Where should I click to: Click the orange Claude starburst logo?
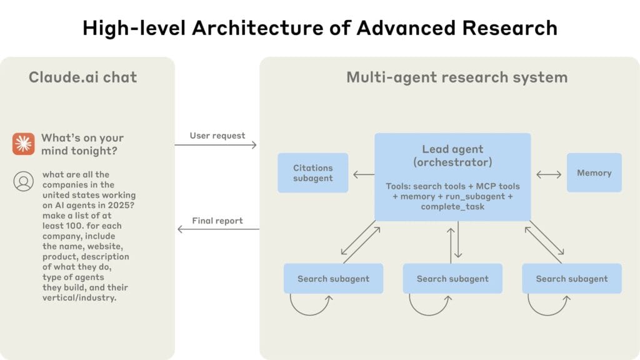tap(23, 144)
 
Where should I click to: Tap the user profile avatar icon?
tap(23, 181)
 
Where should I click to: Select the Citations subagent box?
tap(312, 173)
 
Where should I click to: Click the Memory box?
tap(594, 172)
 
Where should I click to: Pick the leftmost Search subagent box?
tap(333, 279)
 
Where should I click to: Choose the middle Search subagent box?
tap(452, 279)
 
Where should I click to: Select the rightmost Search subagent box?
tap(571, 279)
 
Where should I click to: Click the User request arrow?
tap(216, 145)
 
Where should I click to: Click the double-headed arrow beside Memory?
tap(548, 174)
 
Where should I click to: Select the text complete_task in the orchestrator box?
tap(452, 206)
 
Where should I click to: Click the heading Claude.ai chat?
tap(82, 77)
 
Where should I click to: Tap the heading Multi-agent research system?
tap(457, 77)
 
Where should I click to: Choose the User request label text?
tap(217, 136)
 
